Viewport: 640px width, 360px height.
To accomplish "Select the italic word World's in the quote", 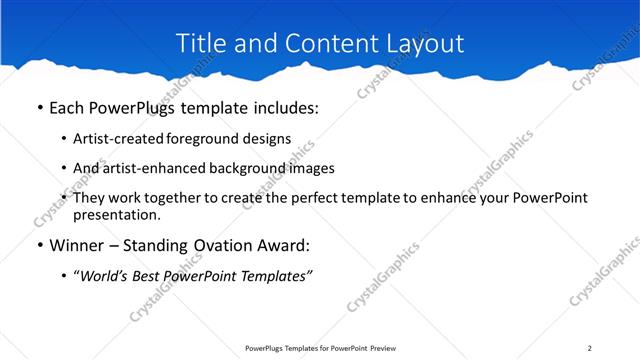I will pos(111,275).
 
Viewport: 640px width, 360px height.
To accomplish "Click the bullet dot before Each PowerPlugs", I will pos(38,107).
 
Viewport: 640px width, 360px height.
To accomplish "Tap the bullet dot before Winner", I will pos(38,244).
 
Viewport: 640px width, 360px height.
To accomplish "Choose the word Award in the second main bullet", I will pos(285,244).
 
